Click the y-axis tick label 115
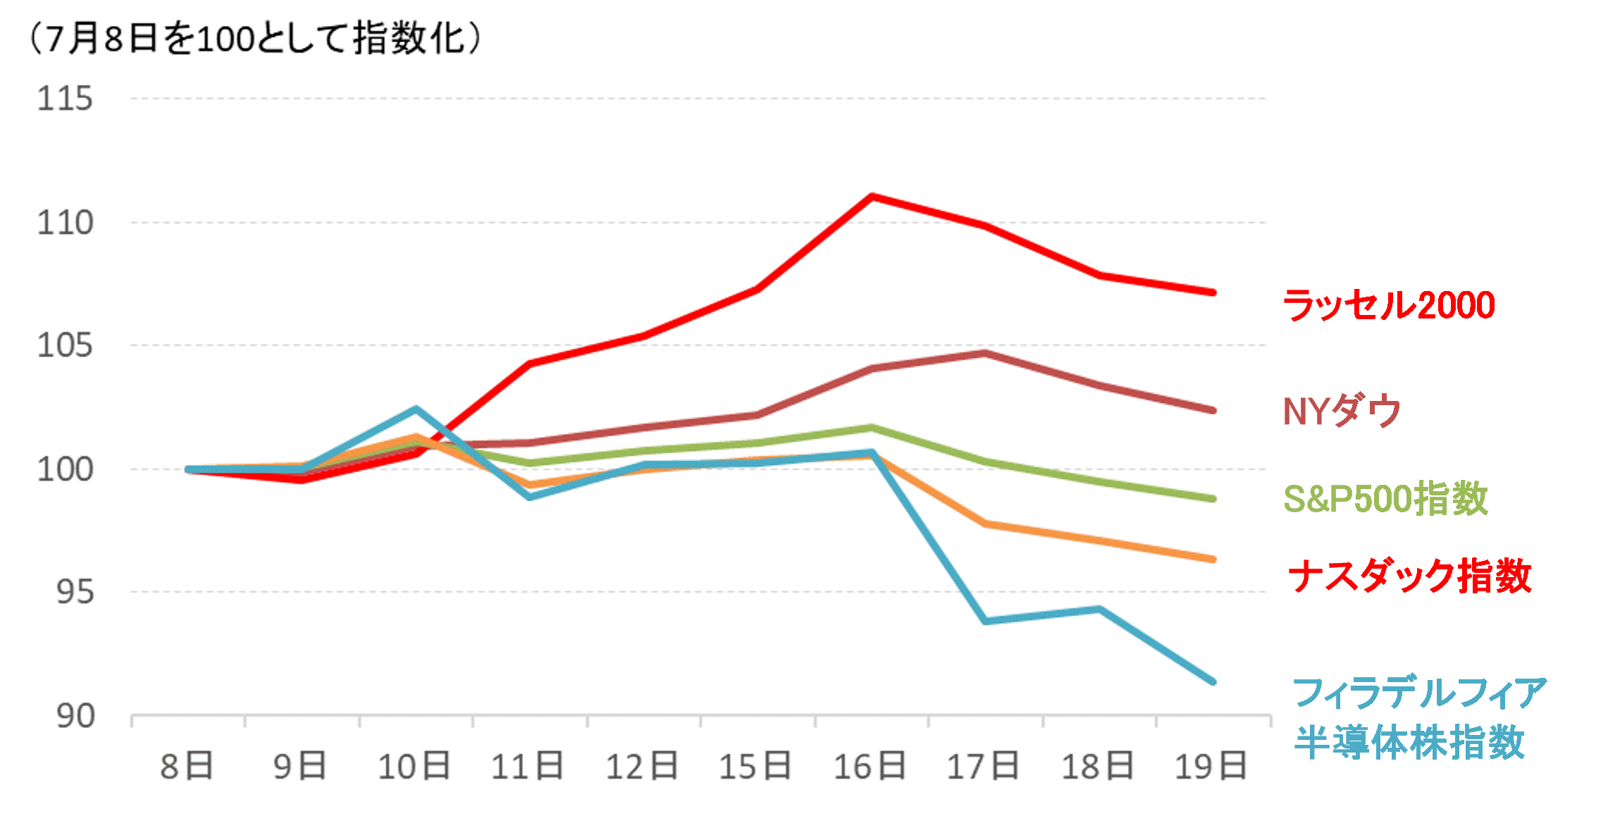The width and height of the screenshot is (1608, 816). (x=65, y=99)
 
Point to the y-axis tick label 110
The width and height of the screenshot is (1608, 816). (x=65, y=223)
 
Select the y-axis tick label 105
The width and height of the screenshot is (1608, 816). (x=65, y=345)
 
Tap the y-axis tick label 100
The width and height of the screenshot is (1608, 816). (x=65, y=469)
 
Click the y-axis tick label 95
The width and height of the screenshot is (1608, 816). (x=75, y=592)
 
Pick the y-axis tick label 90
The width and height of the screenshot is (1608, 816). (x=75, y=716)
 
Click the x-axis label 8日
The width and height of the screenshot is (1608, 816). (x=187, y=767)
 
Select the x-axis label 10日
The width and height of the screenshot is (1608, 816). (x=414, y=767)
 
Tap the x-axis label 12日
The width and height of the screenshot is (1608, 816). (x=642, y=767)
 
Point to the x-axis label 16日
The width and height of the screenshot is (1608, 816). (x=870, y=767)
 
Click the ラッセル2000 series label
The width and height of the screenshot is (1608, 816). (x=1388, y=306)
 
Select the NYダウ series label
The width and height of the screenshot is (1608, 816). (x=1342, y=411)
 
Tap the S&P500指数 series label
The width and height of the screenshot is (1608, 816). (x=1385, y=499)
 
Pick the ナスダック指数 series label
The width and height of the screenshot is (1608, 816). (x=1409, y=576)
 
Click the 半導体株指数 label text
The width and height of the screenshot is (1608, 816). (x=1409, y=742)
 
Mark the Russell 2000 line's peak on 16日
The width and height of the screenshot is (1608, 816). (x=872, y=196)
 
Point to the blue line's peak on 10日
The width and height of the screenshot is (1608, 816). (x=416, y=409)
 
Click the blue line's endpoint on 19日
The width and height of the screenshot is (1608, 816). (x=1213, y=681)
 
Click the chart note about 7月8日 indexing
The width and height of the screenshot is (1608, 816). (x=254, y=39)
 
